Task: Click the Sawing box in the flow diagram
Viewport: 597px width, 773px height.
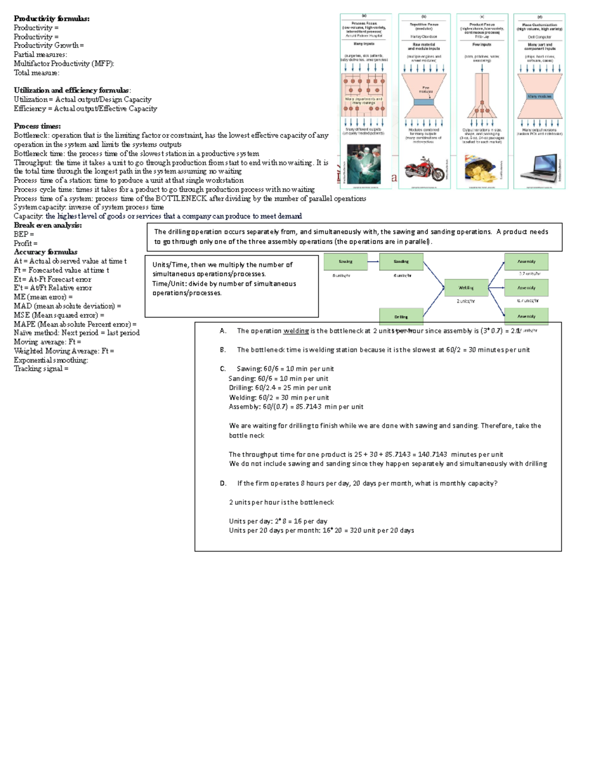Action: (x=345, y=261)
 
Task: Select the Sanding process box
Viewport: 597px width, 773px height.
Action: (x=401, y=261)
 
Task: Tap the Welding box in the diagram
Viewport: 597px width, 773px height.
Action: (x=466, y=288)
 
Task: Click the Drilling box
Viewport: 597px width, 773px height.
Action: (x=401, y=316)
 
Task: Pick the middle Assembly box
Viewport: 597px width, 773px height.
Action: (x=526, y=288)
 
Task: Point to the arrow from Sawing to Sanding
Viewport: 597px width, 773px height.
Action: (x=373, y=261)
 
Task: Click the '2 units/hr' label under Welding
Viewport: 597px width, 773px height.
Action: (x=466, y=301)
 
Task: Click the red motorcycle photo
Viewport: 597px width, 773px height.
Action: (x=424, y=169)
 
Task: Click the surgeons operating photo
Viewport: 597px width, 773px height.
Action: (x=364, y=164)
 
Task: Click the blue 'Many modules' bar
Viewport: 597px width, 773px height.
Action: (x=540, y=96)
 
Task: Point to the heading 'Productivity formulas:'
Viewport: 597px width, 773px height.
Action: (x=52, y=19)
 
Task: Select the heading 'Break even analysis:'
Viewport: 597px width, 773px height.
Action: (x=48, y=225)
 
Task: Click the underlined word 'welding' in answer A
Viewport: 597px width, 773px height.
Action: (x=296, y=331)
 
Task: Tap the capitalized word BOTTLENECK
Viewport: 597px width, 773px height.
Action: (x=181, y=198)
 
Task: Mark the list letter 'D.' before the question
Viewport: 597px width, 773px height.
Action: (x=223, y=483)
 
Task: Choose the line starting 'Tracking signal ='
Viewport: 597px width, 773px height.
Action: (x=41, y=369)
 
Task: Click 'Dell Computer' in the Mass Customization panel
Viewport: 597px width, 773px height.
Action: (x=539, y=37)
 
